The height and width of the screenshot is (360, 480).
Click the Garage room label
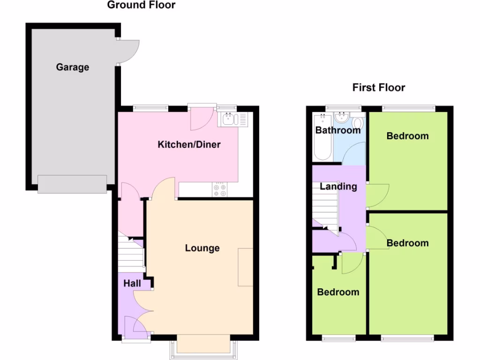(72, 67)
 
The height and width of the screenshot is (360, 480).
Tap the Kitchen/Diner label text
(189, 144)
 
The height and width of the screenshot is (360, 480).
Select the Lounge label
(202, 248)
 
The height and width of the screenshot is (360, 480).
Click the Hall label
(132, 284)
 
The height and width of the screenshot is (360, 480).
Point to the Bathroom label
(338, 130)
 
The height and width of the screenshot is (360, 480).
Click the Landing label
(338, 187)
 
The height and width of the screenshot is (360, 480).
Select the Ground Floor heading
(141, 5)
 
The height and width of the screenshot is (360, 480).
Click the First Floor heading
(378, 88)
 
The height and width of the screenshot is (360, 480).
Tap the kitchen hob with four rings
(219, 190)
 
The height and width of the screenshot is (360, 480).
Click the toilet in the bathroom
(358, 122)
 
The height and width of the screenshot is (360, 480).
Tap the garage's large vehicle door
(72, 184)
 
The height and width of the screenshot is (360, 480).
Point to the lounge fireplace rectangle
(245, 267)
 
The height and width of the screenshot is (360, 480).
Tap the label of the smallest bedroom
(338, 292)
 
